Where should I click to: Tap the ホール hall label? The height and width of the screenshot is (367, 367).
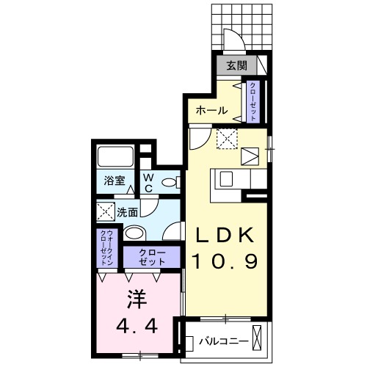point(211,111)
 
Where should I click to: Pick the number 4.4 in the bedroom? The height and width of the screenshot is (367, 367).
point(135,324)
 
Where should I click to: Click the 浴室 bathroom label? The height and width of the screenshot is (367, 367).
point(112,179)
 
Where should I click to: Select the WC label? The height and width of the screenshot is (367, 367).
point(147,183)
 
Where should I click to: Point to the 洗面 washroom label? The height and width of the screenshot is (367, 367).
point(128,213)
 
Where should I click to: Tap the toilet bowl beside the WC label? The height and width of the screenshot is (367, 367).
point(169,183)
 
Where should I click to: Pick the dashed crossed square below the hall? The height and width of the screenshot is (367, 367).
point(225,137)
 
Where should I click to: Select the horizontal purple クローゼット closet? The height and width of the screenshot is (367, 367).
point(151,256)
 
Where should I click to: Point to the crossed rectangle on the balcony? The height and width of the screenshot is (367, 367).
point(259,341)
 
